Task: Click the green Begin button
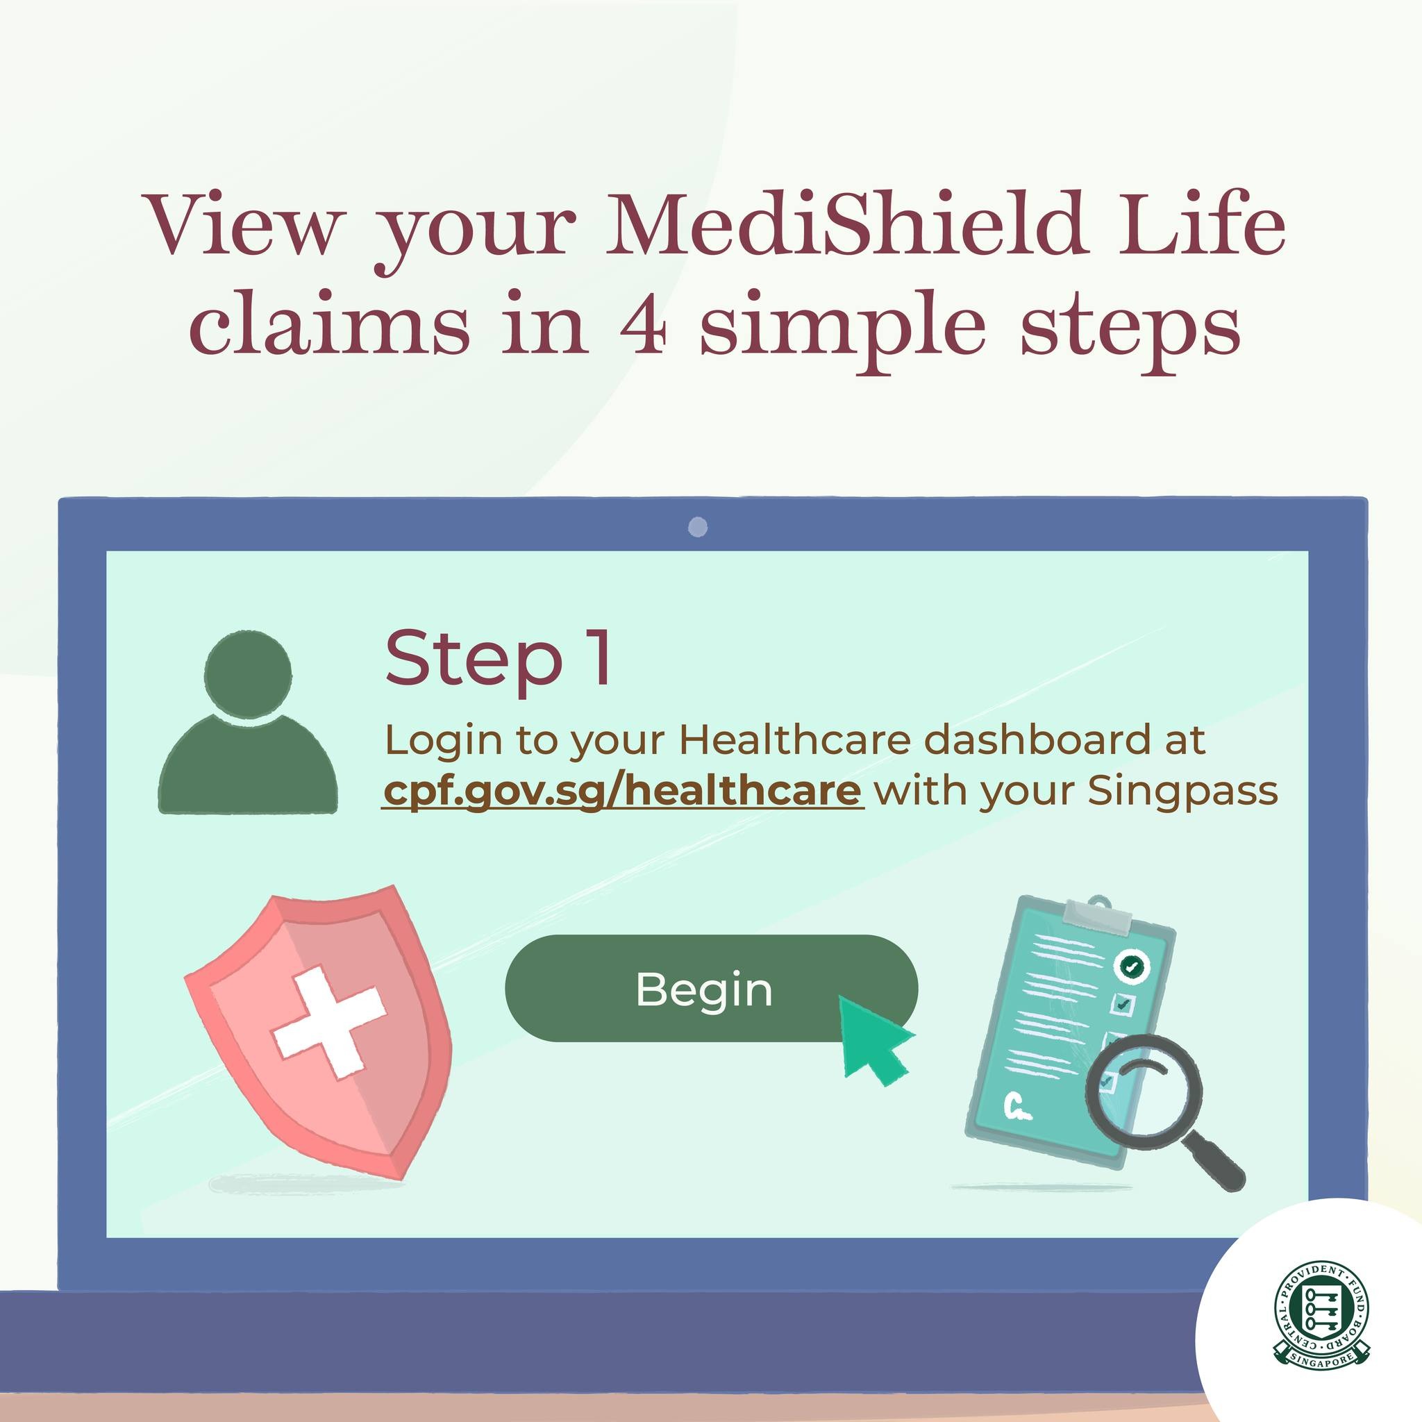[x=711, y=988]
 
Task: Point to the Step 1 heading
[x=498, y=658]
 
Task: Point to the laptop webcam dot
[x=698, y=527]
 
